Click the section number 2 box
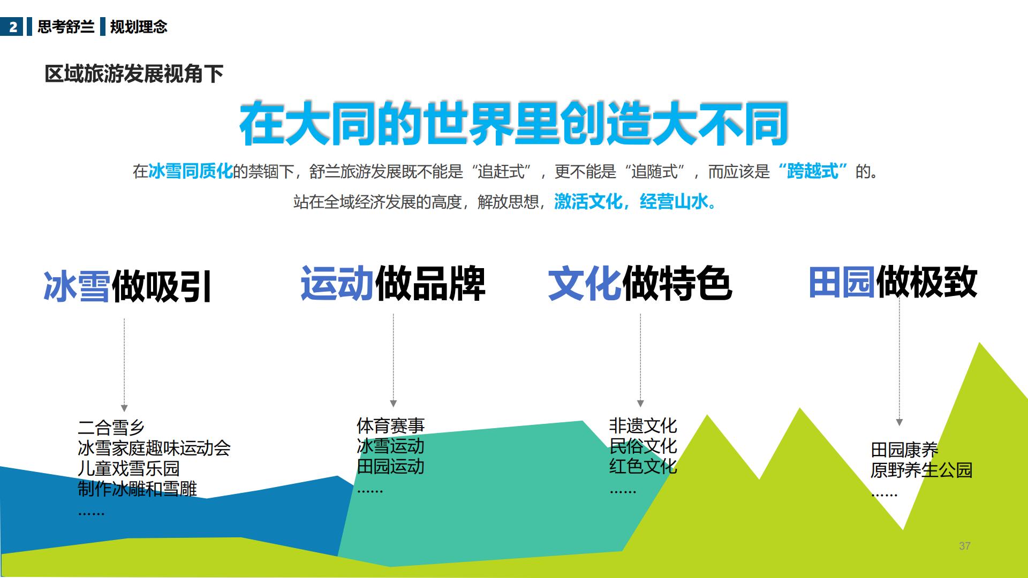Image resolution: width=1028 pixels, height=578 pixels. point(12,27)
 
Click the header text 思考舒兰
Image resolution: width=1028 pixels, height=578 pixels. point(66,27)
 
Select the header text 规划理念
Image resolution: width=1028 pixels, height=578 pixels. point(139,27)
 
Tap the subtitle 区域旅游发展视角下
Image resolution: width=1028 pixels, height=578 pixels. point(134,74)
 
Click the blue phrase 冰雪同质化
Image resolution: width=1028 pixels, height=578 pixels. point(191,171)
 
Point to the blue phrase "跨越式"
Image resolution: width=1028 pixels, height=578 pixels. point(813,171)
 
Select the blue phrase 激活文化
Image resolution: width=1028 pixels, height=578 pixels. point(588,202)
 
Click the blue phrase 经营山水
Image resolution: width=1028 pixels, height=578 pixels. point(674,202)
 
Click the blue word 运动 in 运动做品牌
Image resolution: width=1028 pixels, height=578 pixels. point(337,283)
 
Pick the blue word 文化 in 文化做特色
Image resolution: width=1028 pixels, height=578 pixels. point(584,283)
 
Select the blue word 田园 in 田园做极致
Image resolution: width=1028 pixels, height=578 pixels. point(842,282)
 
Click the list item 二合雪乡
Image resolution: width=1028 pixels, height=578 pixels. point(111,428)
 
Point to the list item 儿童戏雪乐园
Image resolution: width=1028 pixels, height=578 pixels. point(128,468)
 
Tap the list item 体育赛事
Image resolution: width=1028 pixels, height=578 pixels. point(390,426)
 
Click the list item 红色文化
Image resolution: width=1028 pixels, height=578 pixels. point(642,466)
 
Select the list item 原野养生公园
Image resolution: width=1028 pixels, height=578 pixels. point(921,470)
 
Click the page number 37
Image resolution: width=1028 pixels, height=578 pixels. point(965,546)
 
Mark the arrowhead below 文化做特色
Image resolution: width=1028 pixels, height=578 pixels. point(640,404)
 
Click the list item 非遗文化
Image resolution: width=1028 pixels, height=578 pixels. point(642,426)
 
